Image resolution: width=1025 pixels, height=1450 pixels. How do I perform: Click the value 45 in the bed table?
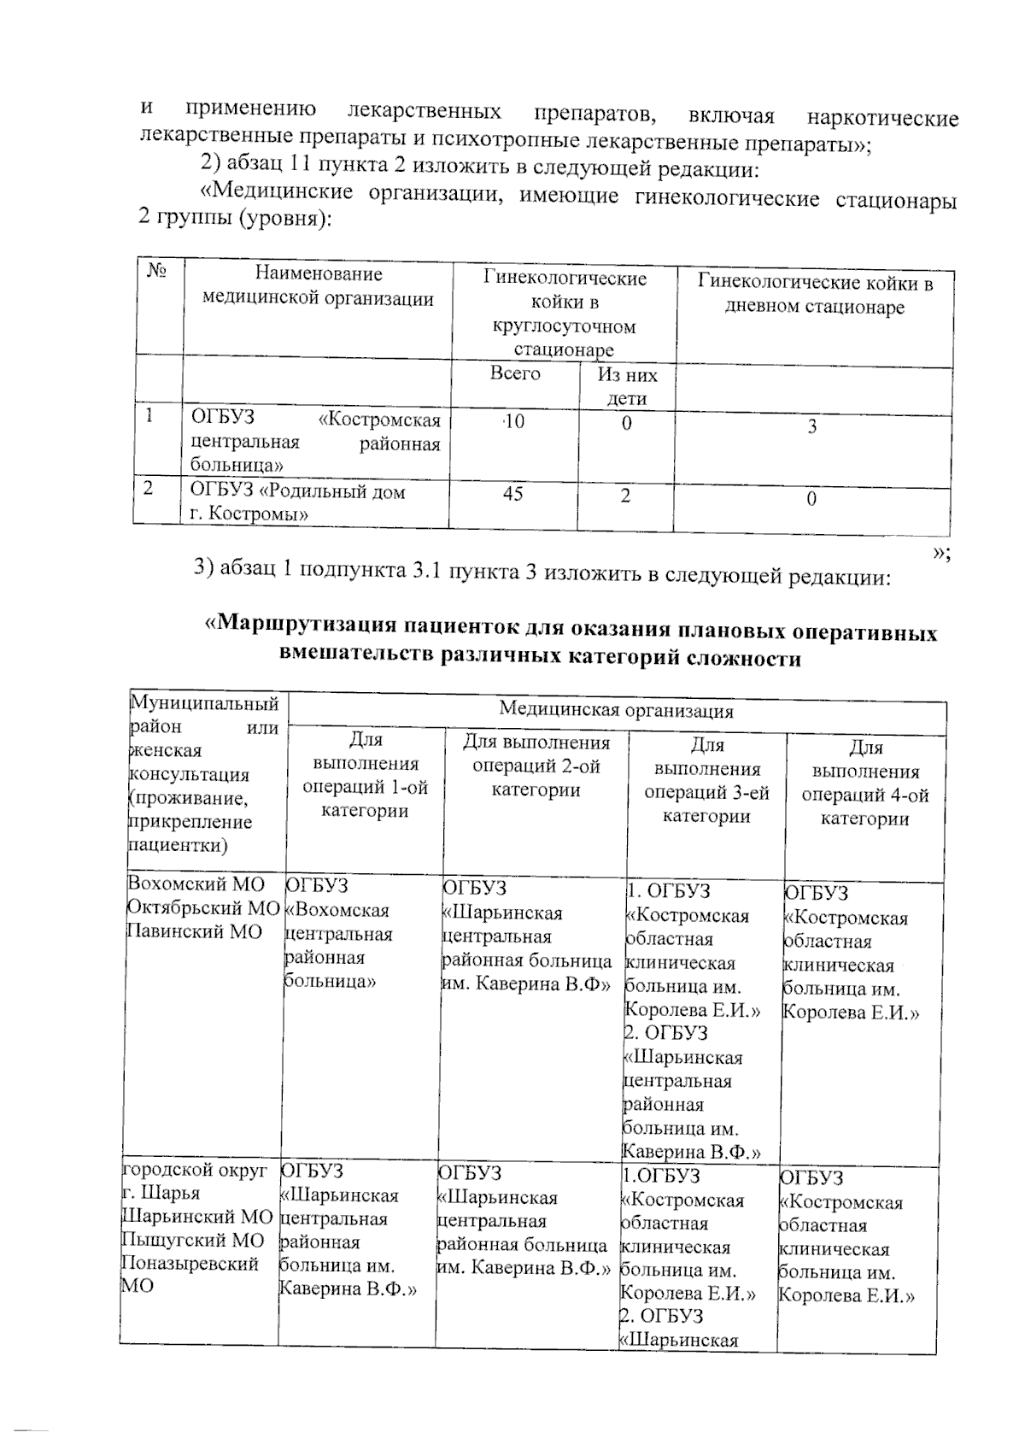coord(512,494)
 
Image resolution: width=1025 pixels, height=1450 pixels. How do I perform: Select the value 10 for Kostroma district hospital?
coord(514,421)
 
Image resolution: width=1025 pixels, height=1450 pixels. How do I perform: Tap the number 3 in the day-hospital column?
coord(812,426)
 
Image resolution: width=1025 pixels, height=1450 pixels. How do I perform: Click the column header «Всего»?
coord(515,374)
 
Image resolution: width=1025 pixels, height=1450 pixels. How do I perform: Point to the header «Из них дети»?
coord(627,386)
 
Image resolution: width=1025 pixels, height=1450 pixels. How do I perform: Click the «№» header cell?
coord(156,272)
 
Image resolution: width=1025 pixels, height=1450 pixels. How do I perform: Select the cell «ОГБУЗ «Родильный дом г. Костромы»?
coord(297,502)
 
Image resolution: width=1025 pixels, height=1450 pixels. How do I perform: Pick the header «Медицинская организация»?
coord(616,710)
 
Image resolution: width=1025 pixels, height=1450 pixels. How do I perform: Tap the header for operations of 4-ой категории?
coord(864,783)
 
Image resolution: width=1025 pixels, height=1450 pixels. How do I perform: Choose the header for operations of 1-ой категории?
coord(366,775)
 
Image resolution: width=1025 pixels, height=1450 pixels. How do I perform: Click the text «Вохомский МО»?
coord(196,884)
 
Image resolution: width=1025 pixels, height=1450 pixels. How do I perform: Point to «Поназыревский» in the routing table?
coord(190,1264)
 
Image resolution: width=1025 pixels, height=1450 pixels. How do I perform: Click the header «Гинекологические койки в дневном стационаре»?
coord(814,295)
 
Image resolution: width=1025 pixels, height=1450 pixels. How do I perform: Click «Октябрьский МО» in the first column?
coord(202,907)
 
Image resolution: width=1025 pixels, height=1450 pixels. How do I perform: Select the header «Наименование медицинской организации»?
coord(318,286)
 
